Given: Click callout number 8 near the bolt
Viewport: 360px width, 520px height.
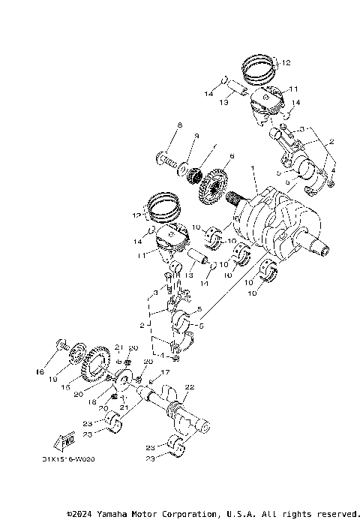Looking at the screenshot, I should tap(180, 125).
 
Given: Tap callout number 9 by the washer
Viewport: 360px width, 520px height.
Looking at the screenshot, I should tap(196, 136).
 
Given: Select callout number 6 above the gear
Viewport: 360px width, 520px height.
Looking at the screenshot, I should tap(232, 156).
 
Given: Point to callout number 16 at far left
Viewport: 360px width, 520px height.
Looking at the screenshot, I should tap(41, 371).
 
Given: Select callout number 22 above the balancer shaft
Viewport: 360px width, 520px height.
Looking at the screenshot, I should tap(190, 387).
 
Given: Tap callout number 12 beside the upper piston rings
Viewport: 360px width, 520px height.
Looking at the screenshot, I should tap(286, 64).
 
